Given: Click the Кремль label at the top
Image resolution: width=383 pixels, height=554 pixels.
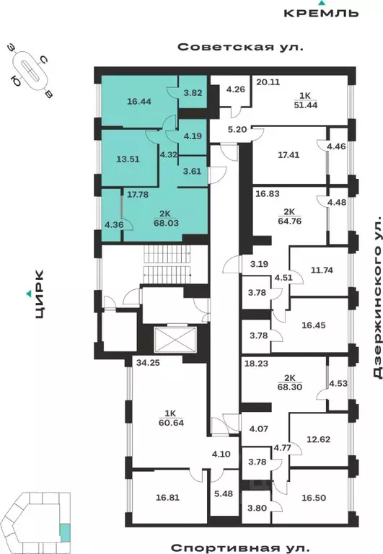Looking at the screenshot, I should pos(321,13).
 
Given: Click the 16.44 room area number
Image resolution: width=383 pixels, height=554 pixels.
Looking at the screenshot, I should pos(138,102).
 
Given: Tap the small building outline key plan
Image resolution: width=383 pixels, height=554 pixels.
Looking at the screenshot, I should pos(43,519).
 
